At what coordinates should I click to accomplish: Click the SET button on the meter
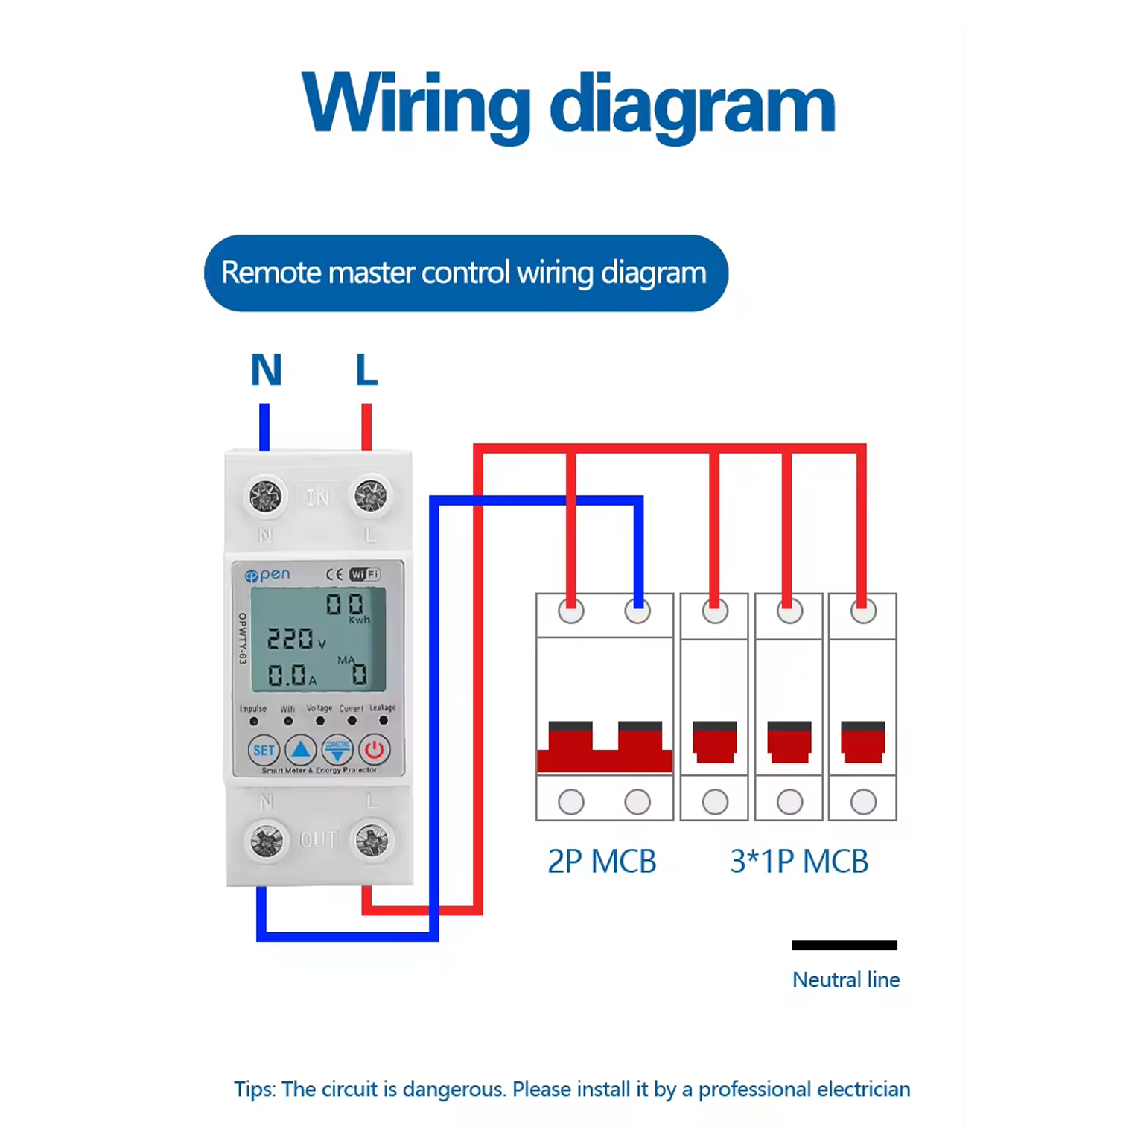click(264, 750)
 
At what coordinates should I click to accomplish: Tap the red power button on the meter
click(374, 749)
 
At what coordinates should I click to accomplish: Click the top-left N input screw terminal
click(265, 496)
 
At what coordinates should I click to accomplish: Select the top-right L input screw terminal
click(371, 496)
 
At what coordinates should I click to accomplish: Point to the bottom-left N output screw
click(266, 841)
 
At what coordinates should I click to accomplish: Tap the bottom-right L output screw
click(372, 841)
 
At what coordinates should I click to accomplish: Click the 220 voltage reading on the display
click(290, 638)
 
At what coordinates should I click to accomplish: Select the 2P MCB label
click(602, 862)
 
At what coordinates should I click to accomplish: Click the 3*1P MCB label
click(799, 862)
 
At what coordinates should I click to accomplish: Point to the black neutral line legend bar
click(844, 945)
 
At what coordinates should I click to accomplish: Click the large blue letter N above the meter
click(266, 370)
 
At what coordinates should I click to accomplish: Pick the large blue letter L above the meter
click(366, 370)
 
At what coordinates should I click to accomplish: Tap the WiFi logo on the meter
click(365, 574)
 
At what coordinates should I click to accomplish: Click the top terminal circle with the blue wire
click(637, 612)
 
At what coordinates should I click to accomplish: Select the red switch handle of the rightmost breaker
click(863, 742)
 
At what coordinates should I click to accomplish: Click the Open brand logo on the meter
click(267, 575)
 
